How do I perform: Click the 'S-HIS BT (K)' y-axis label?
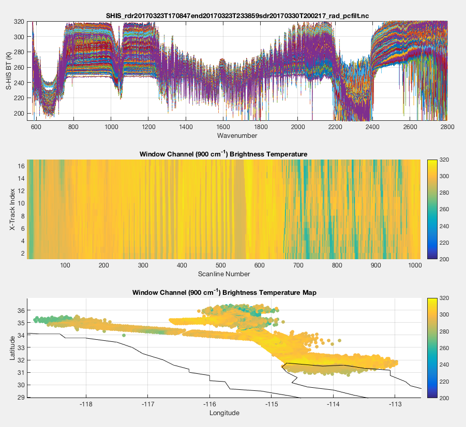click(x=9, y=71)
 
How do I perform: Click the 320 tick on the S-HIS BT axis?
click(x=19, y=22)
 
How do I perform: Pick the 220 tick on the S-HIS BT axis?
click(x=19, y=98)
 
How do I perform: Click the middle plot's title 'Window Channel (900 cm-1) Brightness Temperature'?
click(x=224, y=154)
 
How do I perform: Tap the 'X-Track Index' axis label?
click(x=12, y=209)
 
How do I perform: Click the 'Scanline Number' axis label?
click(x=223, y=273)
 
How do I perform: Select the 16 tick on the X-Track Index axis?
click(x=21, y=166)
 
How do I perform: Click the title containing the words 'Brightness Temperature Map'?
click(x=224, y=292)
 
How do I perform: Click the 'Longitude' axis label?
click(x=224, y=413)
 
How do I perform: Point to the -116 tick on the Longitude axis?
click(x=209, y=404)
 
